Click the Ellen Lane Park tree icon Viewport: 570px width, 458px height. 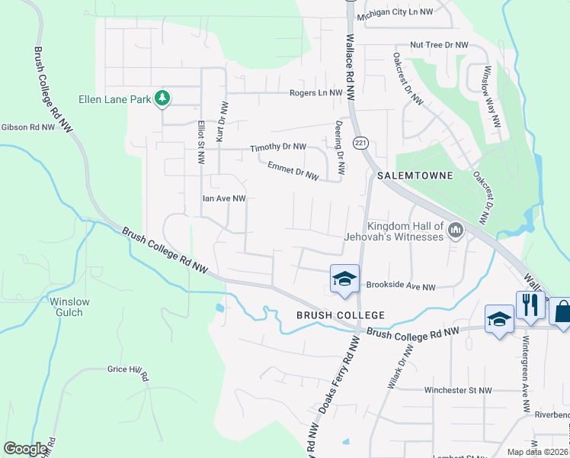[162, 98]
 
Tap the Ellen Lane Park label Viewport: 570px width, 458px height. [115, 99]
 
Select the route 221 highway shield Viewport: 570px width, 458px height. [360, 143]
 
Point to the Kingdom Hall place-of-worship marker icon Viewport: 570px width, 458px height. [456, 230]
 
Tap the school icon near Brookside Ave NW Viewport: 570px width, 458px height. [344, 279]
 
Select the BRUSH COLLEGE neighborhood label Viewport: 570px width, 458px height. [340, 315]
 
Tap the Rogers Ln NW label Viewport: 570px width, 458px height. [317, 93]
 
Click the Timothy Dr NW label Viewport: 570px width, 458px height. [278, 147]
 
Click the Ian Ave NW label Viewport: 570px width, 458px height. [223, 198]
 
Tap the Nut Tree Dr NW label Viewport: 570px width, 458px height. [439, 46]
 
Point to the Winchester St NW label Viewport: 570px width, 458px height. [458, 390]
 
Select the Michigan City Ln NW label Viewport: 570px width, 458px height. [394, 12]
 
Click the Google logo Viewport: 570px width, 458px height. [25, 448]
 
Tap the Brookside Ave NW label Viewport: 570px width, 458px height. [400, 287]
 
